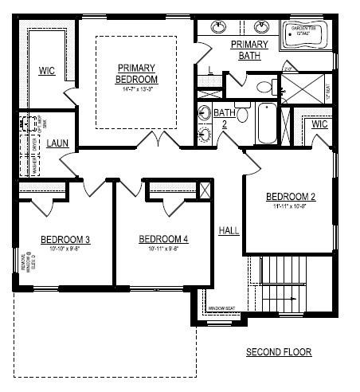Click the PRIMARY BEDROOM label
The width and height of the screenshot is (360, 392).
(x=137, y=73)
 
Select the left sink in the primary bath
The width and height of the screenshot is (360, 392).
(x=217, y=26)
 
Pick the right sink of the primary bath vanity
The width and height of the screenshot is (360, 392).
(x=263, y=26)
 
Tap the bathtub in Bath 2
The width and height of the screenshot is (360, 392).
(x=268, y=124)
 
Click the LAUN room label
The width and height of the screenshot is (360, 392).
(x=57, y=143)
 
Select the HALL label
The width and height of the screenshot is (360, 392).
(x=229, y=230)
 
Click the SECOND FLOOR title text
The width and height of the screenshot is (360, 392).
(x=279, y=351)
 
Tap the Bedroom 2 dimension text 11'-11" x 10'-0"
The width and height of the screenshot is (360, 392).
(x=291, y=206)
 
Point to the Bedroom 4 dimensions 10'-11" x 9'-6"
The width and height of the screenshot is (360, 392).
(x=162, y=248)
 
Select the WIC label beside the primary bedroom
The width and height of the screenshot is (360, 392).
(x=47, y=71)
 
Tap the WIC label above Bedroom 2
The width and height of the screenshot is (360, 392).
(x=319, y=124)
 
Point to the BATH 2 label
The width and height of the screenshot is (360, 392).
(x=224, y=118)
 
